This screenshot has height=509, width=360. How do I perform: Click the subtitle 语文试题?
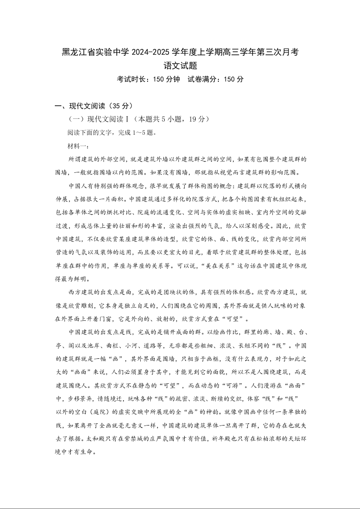pos(180,65)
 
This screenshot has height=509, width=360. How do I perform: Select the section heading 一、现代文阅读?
pos(81,106)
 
